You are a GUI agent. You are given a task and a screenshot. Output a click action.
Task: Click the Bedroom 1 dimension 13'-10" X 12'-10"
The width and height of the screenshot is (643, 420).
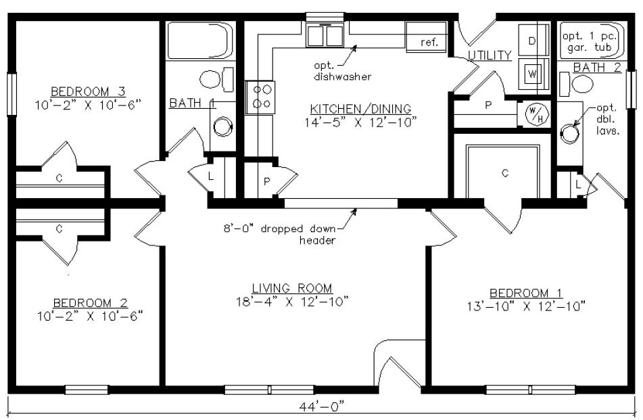tap(527, 306)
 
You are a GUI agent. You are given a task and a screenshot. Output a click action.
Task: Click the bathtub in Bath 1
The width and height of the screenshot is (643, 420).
tap(199, 41)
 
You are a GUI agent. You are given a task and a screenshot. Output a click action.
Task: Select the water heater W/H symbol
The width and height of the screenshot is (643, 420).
tap(534, 114)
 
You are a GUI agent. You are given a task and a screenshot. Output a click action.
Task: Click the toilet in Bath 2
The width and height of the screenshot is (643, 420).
tap(580, 84)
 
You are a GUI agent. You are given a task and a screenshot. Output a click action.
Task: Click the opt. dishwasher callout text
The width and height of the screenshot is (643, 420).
tap(333, 72)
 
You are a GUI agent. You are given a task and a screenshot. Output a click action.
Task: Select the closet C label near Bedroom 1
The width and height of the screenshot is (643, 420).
tap(504, 173)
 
